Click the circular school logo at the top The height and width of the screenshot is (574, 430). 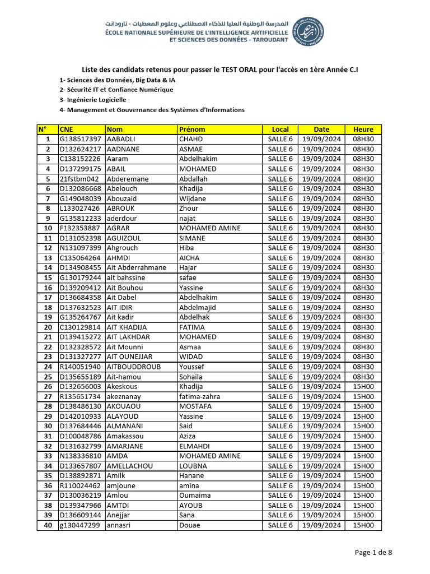coord(309,31)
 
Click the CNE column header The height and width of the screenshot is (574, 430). coord(66,129)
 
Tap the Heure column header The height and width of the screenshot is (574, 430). coord(363,129)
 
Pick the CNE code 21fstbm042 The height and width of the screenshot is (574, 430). coord(78,179)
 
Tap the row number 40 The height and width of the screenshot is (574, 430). coord(48,525)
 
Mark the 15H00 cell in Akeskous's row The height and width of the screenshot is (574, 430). coord(363,387)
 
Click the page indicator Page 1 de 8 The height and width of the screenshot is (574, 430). coord(373,553)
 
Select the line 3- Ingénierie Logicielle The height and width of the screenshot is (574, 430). coord(93,100)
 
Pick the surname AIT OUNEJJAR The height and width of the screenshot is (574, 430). coord(129,357)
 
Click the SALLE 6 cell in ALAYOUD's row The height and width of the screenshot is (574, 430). coord(280,416)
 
